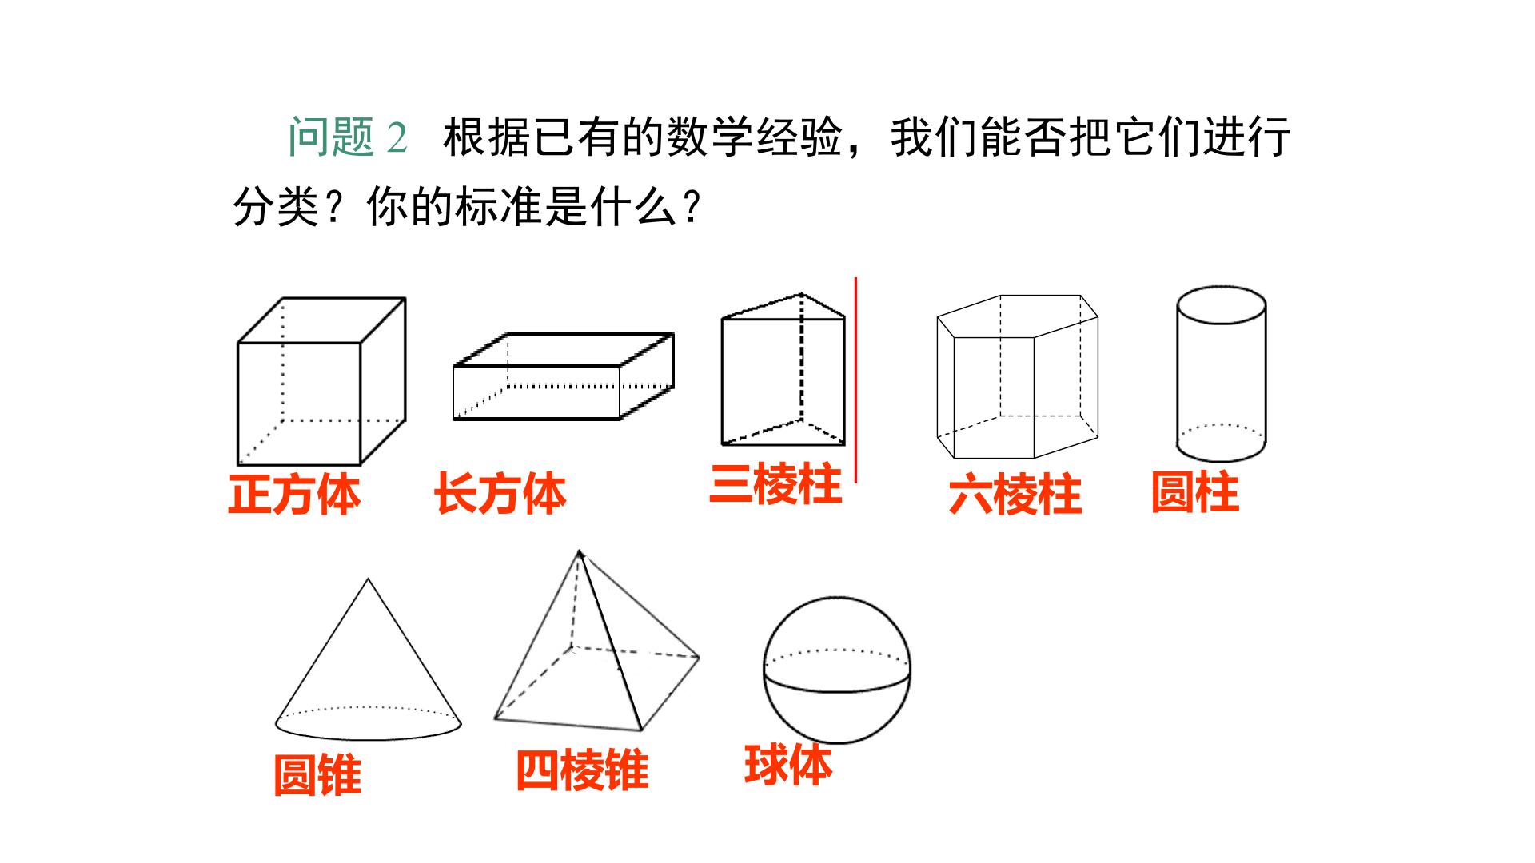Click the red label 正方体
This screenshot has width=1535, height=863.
point(294,495)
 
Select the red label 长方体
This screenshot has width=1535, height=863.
point(500,494)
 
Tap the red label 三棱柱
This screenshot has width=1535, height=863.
point(775,484)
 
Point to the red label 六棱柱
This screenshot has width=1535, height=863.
point(1015,495)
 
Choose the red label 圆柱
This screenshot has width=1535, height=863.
point(1195,492)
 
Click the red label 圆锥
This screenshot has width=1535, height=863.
point(317,775)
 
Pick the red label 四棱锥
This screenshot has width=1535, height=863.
point(582,770)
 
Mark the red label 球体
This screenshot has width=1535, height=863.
point(788,765)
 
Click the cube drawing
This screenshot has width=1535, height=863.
point(321,381)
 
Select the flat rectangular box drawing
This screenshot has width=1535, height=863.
point(563,376)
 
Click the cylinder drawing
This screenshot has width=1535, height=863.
point(1221,374)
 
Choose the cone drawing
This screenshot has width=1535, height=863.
point(368,659)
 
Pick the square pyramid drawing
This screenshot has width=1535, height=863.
point(596,640)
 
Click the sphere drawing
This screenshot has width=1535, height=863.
point(837,670)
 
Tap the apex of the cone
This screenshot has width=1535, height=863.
point(368,579)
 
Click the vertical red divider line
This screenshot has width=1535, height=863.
point(856,380)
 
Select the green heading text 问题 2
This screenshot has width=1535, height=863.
point(349,137)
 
